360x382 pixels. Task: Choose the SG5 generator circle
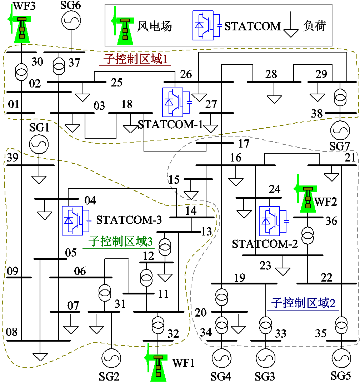coord(341,358)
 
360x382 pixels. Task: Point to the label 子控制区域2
coord(303,303)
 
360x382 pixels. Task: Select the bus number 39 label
coord(12,158)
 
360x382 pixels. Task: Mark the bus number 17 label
coord(244,144)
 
